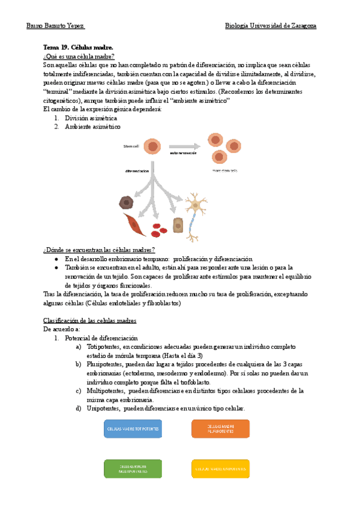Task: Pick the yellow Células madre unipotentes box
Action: pyautogui.click(x=220, y=468)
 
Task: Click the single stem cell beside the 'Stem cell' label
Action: pyautogui.click(x=153, y=146)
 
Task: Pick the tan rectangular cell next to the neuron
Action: pyautogui.click(x=178, y=225)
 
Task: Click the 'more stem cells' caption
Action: pyautogui.click(x=224, y=170)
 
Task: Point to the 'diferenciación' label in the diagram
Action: pyautogui.click(x=137, y=170)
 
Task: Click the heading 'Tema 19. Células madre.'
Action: pyautogui.click(x=78, y=47)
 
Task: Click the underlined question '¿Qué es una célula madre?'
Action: pyautogui.click(x=79, y=55)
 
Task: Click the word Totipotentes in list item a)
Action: pyautogui.click(x=103, y=347)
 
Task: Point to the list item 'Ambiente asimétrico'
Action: pyautogui.click(x=92, y=127)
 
